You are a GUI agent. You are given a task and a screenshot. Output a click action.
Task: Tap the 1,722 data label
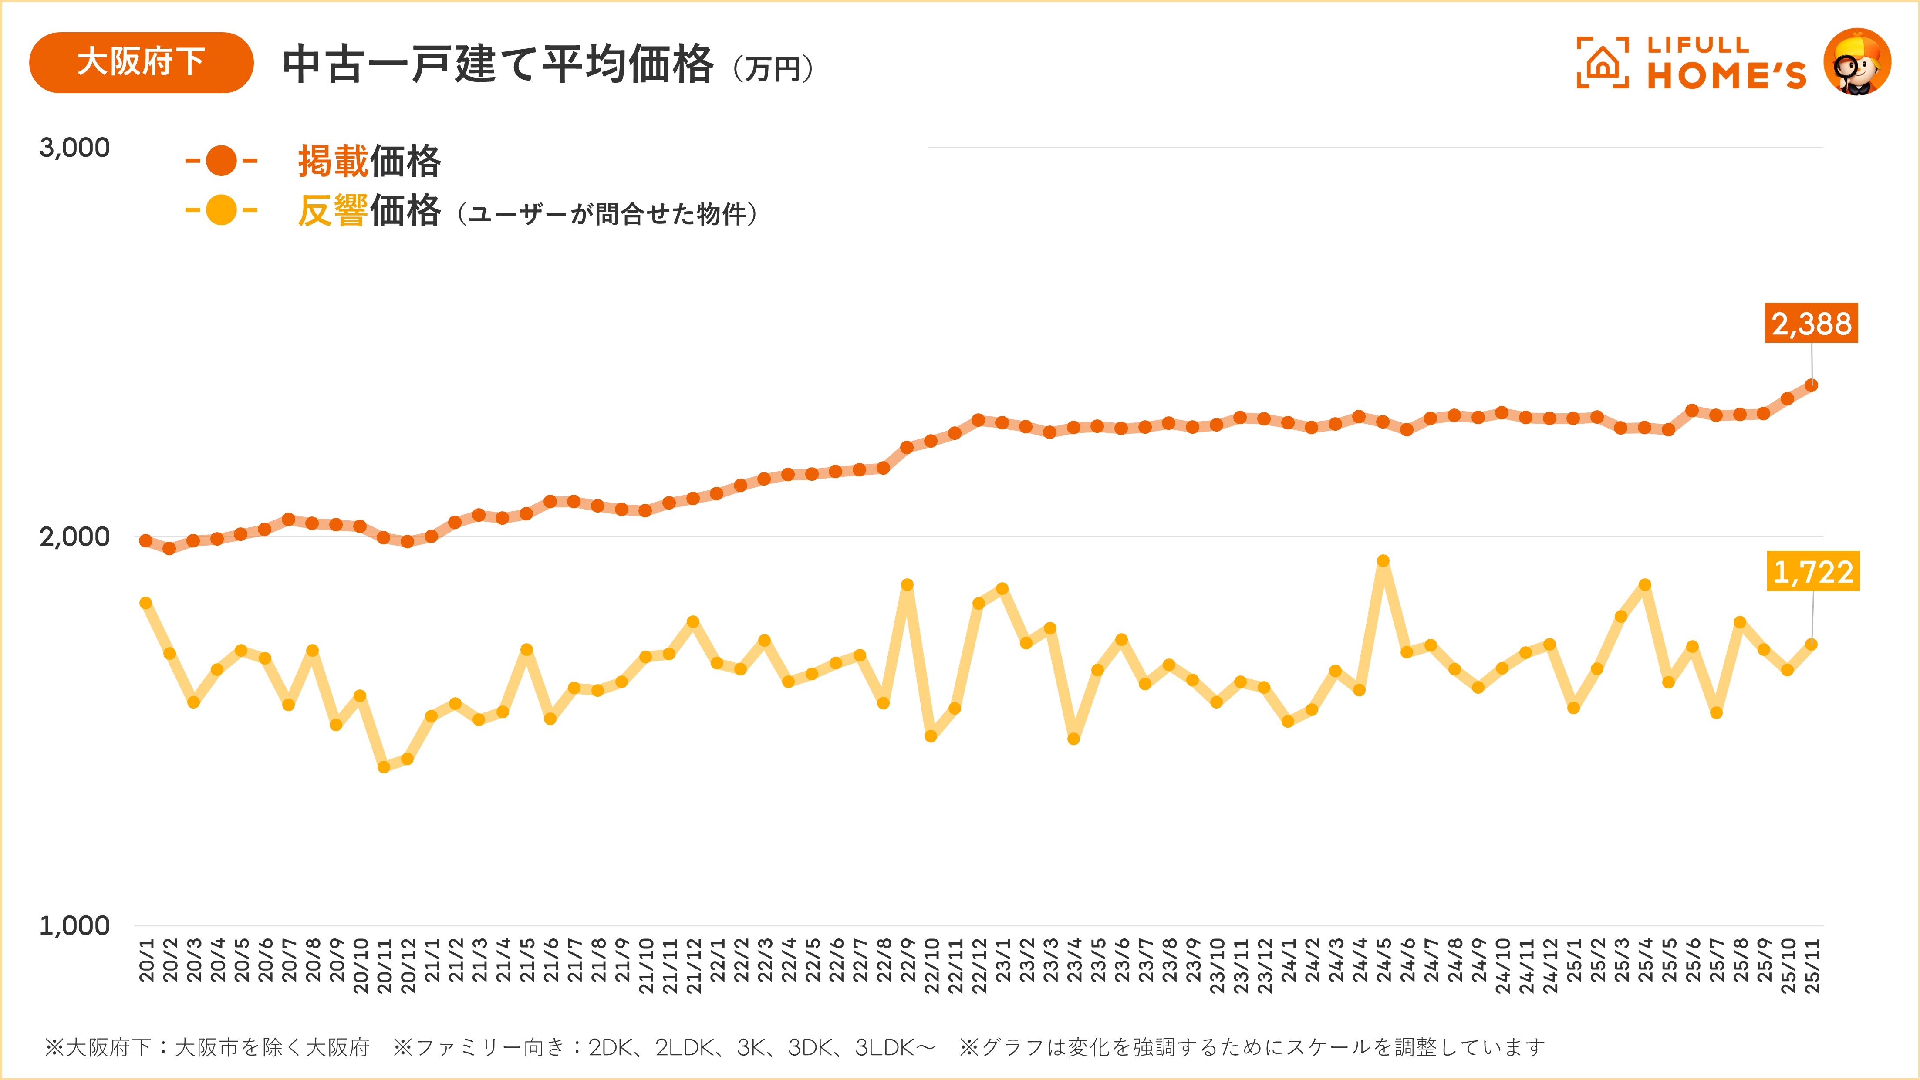click(x=1813, y=572)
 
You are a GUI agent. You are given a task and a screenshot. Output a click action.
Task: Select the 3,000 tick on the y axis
click(x=74, y=148)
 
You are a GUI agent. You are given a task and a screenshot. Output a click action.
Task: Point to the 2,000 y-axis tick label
click(x=74, y=537)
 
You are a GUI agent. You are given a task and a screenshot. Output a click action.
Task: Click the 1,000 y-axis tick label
click(x=74, y=926)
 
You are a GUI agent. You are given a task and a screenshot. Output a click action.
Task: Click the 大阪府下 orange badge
click(x=141, y=63)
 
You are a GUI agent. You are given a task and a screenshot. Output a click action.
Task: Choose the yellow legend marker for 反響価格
click(x=221, y=210)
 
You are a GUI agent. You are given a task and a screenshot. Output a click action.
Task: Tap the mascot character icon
click(x=1857, y=63)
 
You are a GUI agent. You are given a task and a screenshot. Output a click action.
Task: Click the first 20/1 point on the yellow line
click(x=146, y=603)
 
